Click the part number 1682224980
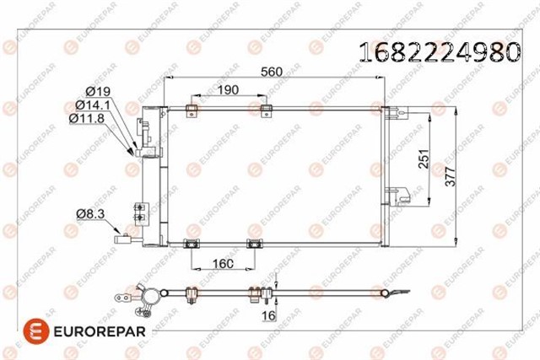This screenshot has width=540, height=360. click(440, 53)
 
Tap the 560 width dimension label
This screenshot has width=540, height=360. click(271, 72)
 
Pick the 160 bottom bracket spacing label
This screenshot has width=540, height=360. click(223, 263)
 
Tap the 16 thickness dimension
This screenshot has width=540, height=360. click(267, 315)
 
